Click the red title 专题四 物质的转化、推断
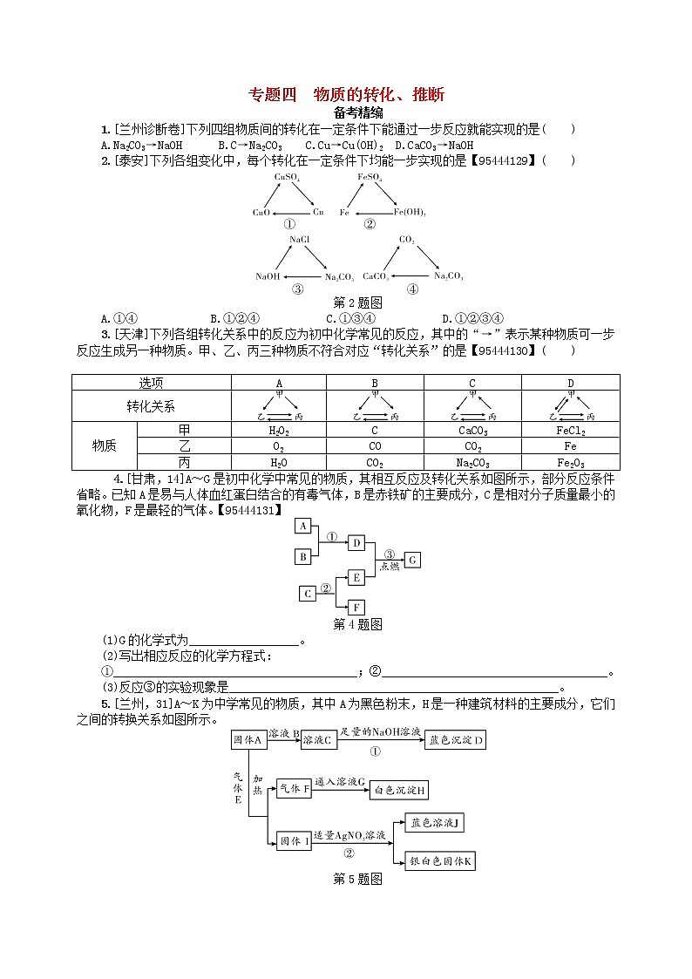[346, 95]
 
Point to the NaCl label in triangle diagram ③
[300, 238]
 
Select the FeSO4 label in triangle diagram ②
[370, 177]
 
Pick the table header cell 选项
[151, 382]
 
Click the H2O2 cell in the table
[279, 431]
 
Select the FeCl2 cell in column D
[570, 431]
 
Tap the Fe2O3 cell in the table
[570, 462]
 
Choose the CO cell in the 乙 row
[376, 446]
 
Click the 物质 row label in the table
[105, 446]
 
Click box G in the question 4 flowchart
[413, 560]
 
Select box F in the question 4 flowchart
[356, 607]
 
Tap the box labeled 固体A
[248, 740]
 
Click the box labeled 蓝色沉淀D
[456, 741]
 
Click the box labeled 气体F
[294, 789]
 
